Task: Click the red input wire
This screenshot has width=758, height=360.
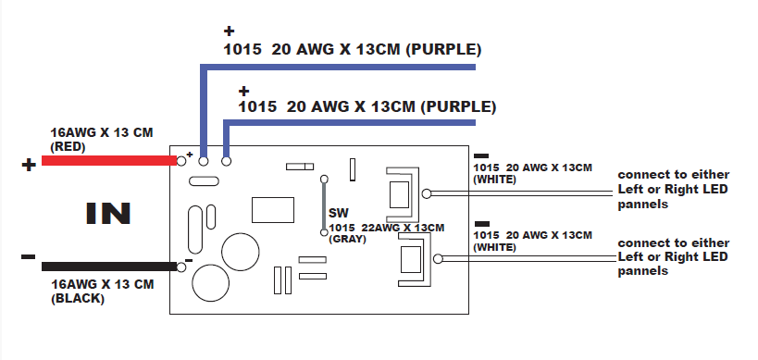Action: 109,160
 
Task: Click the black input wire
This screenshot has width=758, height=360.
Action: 109,267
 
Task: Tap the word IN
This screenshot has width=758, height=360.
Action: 108,214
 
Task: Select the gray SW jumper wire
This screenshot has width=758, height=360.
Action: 324,205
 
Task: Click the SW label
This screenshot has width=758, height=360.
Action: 339,213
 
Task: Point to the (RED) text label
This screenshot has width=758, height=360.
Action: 68,147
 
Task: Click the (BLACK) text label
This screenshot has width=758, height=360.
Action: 78,299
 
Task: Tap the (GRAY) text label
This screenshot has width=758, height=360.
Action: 348,239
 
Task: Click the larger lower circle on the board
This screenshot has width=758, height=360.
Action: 210,282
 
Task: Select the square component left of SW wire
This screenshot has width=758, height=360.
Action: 273,210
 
